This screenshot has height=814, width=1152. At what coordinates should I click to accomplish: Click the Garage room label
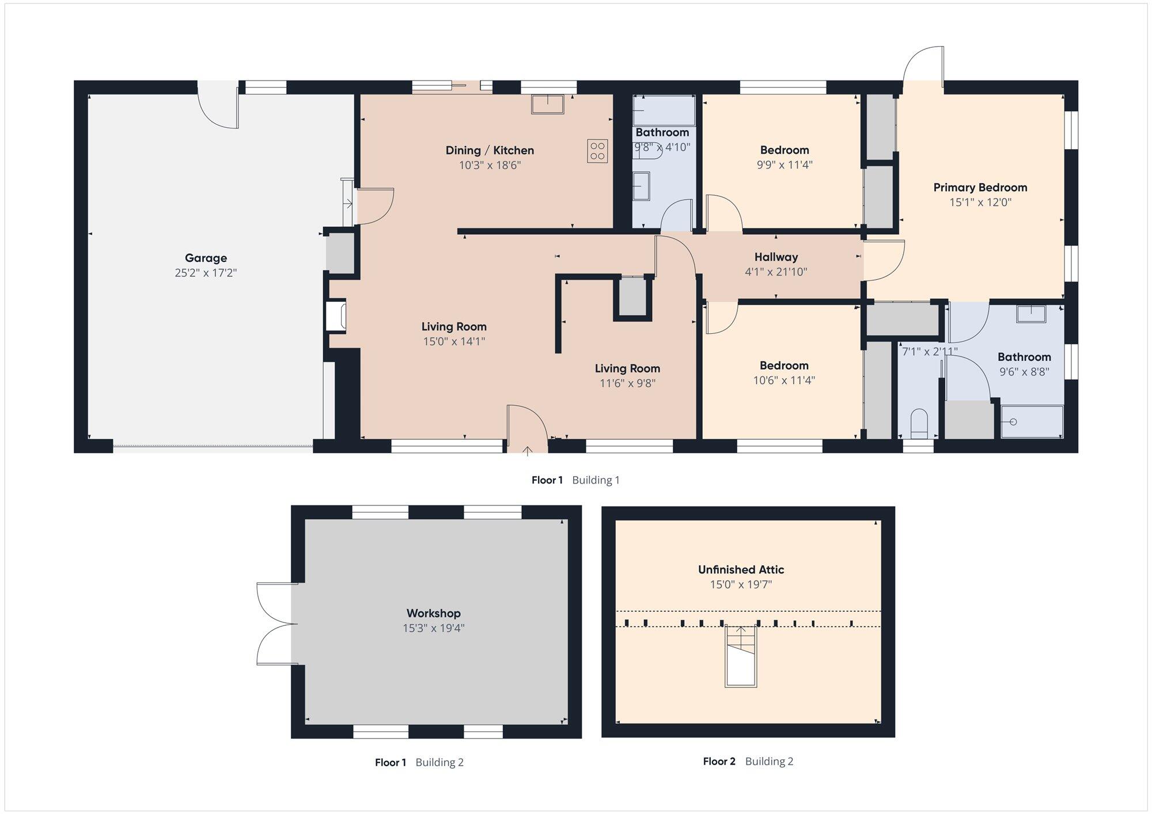point(206,258)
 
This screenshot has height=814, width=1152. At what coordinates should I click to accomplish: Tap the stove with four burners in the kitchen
point(597,151)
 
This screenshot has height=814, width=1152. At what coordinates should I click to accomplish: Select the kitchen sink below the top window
point(548,104)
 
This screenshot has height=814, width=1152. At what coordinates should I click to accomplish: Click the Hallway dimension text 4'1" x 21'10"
point(776,272)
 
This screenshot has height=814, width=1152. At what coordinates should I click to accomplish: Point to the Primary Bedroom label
point(980,188)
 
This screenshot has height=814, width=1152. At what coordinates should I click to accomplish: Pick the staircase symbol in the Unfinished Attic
point(741,656)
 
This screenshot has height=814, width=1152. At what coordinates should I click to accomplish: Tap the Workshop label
point(434,613)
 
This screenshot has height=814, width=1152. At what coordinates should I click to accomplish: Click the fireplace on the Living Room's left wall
point(336,317)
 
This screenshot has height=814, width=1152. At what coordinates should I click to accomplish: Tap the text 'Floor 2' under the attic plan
point(719,762)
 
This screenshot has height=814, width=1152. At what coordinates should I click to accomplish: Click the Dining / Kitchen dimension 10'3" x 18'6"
point(490,165)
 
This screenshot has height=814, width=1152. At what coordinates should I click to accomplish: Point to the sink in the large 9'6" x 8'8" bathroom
point(1031,314)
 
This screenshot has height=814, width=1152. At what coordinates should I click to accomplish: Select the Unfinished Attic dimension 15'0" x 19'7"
point(741,585)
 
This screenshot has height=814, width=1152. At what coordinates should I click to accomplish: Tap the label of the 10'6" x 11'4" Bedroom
point(784,366)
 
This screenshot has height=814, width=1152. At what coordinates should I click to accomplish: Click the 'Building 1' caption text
point(596,480)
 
